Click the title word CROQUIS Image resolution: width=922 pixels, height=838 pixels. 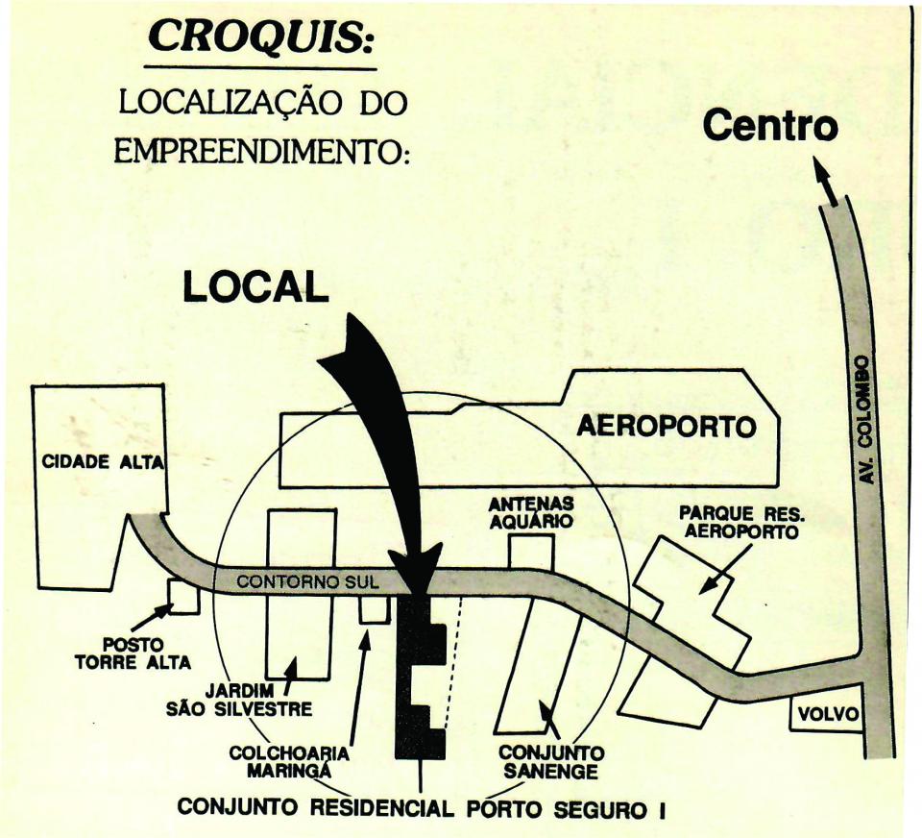[259, 36]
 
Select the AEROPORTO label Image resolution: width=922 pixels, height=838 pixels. [666, 426]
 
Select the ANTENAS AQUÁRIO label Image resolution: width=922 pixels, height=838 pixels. [531, 513]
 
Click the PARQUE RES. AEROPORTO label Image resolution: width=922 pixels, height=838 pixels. [740, 524]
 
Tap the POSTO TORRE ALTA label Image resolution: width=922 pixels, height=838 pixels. [133, 653]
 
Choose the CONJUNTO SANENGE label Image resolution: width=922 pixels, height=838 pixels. [550, 762]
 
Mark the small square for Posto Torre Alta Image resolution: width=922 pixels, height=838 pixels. [183, 597]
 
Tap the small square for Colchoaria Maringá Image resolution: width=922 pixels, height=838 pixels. [374, 608]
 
